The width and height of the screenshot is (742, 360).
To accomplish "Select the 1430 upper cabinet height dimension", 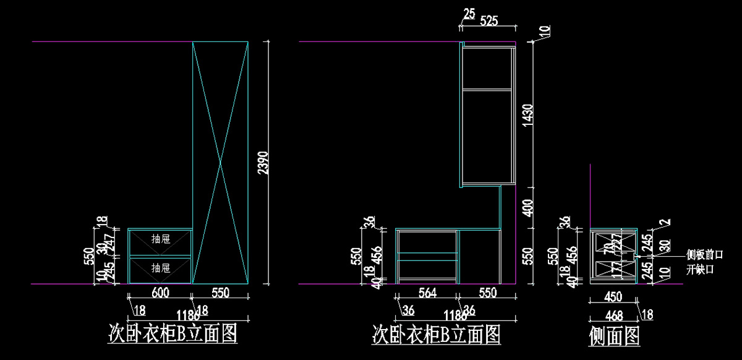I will click(526, 114).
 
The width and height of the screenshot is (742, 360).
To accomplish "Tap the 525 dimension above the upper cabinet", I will click(488, 21).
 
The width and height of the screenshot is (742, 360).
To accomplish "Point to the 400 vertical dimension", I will click(526, 207).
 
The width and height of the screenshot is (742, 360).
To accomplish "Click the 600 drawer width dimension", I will click(160, 293).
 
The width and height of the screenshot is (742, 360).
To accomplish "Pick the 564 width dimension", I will click(426, 293).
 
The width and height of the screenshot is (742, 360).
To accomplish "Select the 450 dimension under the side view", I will click(613, 298).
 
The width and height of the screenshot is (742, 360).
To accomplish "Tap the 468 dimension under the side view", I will click(613, 315).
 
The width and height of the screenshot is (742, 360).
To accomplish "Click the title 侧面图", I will click(615, 336).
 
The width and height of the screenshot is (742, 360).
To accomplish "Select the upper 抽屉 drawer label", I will click(161, 239).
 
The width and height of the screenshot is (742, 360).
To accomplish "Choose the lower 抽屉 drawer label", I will click(161, 268).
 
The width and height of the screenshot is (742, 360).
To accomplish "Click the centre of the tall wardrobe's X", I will click(220, 163).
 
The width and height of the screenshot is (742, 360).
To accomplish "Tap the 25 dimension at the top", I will click(469, 14).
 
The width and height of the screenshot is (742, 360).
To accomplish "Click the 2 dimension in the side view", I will click(665, 221).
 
